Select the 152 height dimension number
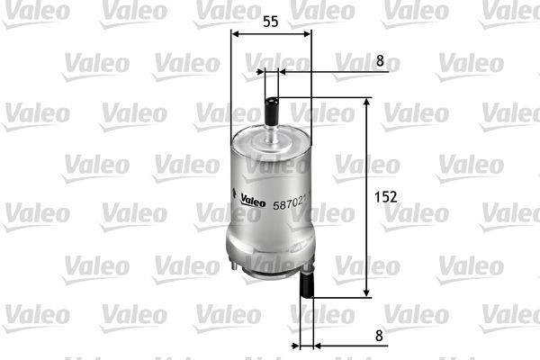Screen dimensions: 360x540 (x=386, y=195)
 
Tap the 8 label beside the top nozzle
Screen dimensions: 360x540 (x=380, y=61)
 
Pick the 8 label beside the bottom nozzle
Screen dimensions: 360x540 (x=380, y=336)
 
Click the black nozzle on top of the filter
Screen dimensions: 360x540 (x=272, y=113)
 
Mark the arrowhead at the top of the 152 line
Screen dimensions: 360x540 (x=366, y=103)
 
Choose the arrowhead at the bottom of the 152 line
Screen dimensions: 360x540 (x=366, y=292)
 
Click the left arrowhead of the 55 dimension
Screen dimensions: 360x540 (x=235, y=34)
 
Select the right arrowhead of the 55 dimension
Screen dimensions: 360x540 (x=308, y=34)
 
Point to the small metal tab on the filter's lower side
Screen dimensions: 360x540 (x=235, y=262)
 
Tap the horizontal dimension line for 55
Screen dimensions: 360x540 (x=271, y=34)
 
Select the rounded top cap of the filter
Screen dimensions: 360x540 (x=271, y=140)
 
